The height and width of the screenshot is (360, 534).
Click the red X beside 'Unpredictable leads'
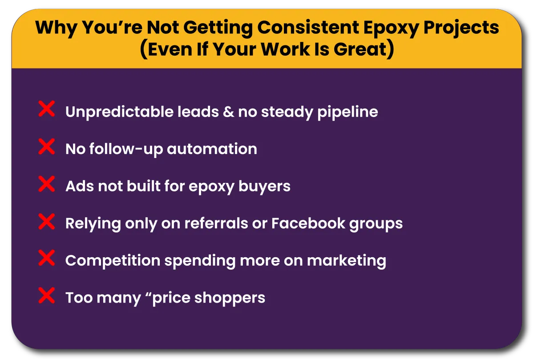pyautogui.click(x=46, y=109)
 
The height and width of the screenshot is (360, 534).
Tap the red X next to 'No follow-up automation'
pyautogui.click(x=46, y=146)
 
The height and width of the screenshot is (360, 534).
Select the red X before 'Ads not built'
pyautogui.click(x=46, y=184)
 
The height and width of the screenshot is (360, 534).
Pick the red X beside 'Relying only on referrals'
pyautogui.click(x=46, y=222)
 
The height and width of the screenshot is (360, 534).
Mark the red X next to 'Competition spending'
pyautogui.click(x=46, y=258)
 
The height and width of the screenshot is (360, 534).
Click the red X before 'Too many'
pyautogui.click(x=46, y=295)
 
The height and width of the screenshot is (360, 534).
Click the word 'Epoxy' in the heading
pyautogui.click(x=391, y=28)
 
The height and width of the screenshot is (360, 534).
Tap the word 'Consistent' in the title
pyautogui.click(x=308, y=28)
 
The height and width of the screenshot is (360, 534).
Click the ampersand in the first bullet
pyautogui.click(x=228, y=112)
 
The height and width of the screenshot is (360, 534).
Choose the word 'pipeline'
pyautogui.click(x=348, y=112)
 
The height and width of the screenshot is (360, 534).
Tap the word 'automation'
pyautogui.click(x=212, y=149)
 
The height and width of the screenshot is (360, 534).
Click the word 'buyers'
pyautogui.click(x=264, y=187)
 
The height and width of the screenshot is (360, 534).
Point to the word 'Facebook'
pyautogui.click(x=308, y=223)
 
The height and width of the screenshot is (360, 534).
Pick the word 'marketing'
pyautogui.click(x=346, y=261)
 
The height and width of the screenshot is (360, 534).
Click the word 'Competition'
pyautogui.click(x=113, y=261)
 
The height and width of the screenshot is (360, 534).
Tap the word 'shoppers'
pyautogui.click(x=230, y=298)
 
